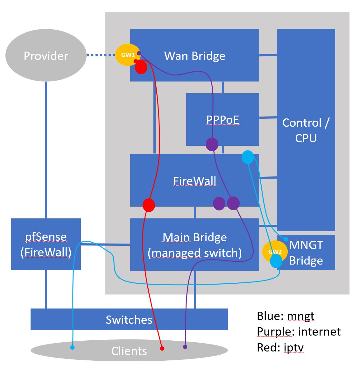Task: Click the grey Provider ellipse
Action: (x=46, y=56)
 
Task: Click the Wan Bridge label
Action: (x=194, y=56)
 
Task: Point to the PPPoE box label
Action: (x=222, y=120)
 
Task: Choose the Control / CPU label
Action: (x=306, y=130)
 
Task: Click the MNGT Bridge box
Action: (x=306, y=253)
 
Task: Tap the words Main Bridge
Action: (x=194, y=238)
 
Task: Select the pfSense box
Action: (x=46, y=244)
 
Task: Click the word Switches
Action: (x=129, y=320)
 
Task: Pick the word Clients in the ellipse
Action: (x=129, y=351)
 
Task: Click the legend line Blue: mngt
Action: (x=286, y=316)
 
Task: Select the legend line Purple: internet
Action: (x=299, y=332)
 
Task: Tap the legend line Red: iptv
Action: (x=280, y=347)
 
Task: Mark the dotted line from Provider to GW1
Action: (x=101, y=56)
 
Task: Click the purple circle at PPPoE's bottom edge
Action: (x=212, y=145)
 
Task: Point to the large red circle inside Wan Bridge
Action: (x=141, y=67)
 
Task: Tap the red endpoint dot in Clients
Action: (x=162, y=348)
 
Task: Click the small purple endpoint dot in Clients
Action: (x=185, y=346)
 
